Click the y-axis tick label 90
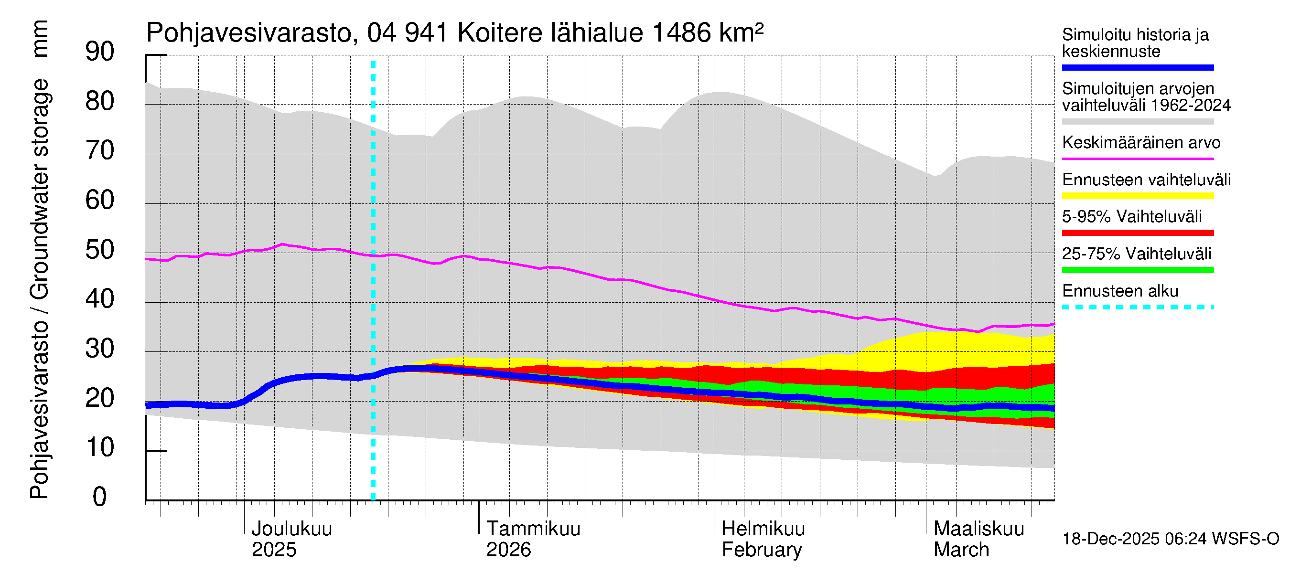(100, 52)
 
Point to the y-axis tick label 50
(100, 250)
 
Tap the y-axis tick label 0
(100, 497)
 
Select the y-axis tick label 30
(100, 348)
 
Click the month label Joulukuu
(291, 529)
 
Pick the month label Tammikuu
(533, 529)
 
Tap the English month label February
(762, 550)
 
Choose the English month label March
(961, 550)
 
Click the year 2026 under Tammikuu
(508, 550)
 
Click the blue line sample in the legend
(1137, 67)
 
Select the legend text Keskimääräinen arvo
(1141, 143)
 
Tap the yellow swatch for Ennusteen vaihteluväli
(1137, 196)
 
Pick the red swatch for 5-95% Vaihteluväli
(1137, 233)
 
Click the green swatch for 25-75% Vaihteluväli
(1137, 270)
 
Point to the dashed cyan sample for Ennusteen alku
(1137, 307)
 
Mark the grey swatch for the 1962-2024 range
(1137, 122)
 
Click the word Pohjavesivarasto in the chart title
(249, 33)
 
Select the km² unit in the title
(741, 32)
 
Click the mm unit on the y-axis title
(40, 39)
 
